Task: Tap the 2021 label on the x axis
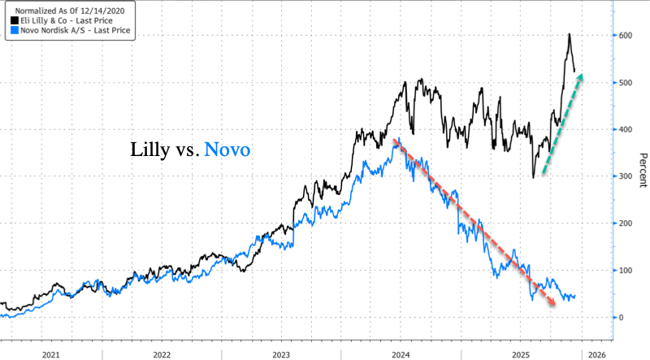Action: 51,355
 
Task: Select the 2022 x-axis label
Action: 162,355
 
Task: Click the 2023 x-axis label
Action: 281,355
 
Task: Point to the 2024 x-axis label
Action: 401,355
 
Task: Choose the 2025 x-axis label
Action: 520,355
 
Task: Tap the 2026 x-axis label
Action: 596,355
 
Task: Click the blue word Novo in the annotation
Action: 227,150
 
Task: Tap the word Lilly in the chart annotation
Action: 150,150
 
